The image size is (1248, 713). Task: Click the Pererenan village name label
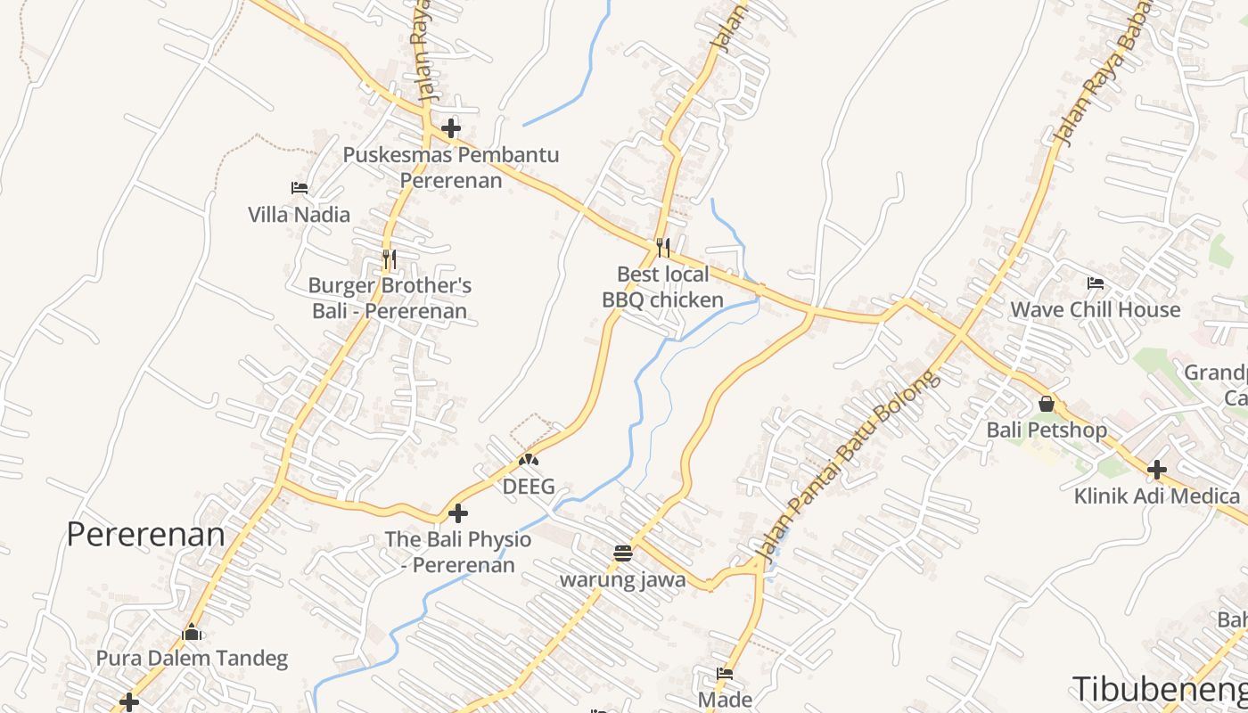[146, 534]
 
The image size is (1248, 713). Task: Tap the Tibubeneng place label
[1159, 689]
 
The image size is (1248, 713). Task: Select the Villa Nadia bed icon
[300, 188]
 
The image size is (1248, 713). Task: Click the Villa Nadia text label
[299, 215]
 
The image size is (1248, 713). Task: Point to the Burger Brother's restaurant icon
[389, 259]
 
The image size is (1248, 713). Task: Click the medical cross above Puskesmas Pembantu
[451, 128]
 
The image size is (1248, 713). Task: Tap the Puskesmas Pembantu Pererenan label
[451, 168]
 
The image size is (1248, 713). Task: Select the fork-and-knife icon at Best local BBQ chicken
[662, 247]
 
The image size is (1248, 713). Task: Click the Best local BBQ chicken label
[662, 287]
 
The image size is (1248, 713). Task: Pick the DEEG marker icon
[529, 461]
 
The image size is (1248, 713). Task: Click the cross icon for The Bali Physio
[458, 513]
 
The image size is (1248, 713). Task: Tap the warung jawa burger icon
[623, 553]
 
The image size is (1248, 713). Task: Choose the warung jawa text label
[623, 580]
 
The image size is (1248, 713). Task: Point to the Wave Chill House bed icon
[1096, 283]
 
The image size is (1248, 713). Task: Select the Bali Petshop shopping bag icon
[1047, 404]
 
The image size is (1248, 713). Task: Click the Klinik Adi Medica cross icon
[1157, 469]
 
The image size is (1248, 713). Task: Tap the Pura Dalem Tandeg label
[193, 659]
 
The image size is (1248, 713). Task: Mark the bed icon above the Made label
[725, 674]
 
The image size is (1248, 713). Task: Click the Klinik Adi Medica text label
[1157, 496]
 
